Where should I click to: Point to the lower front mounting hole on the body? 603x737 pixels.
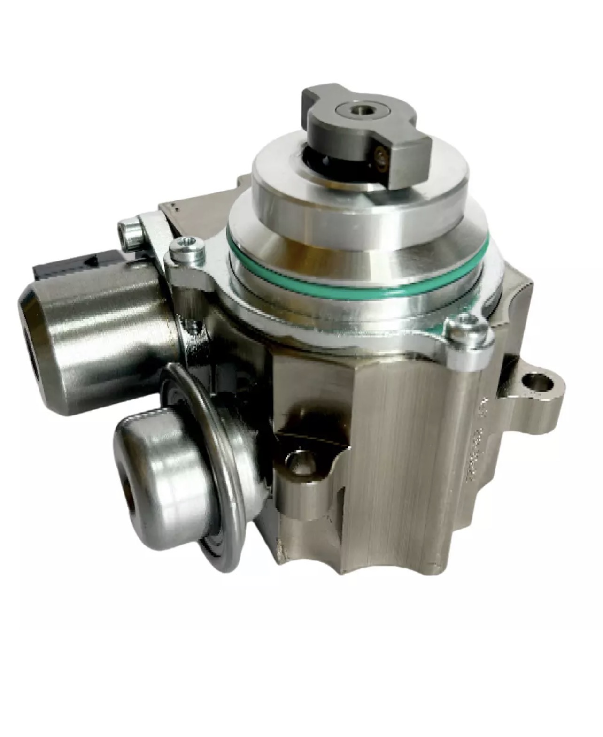[x=299, y=462]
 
